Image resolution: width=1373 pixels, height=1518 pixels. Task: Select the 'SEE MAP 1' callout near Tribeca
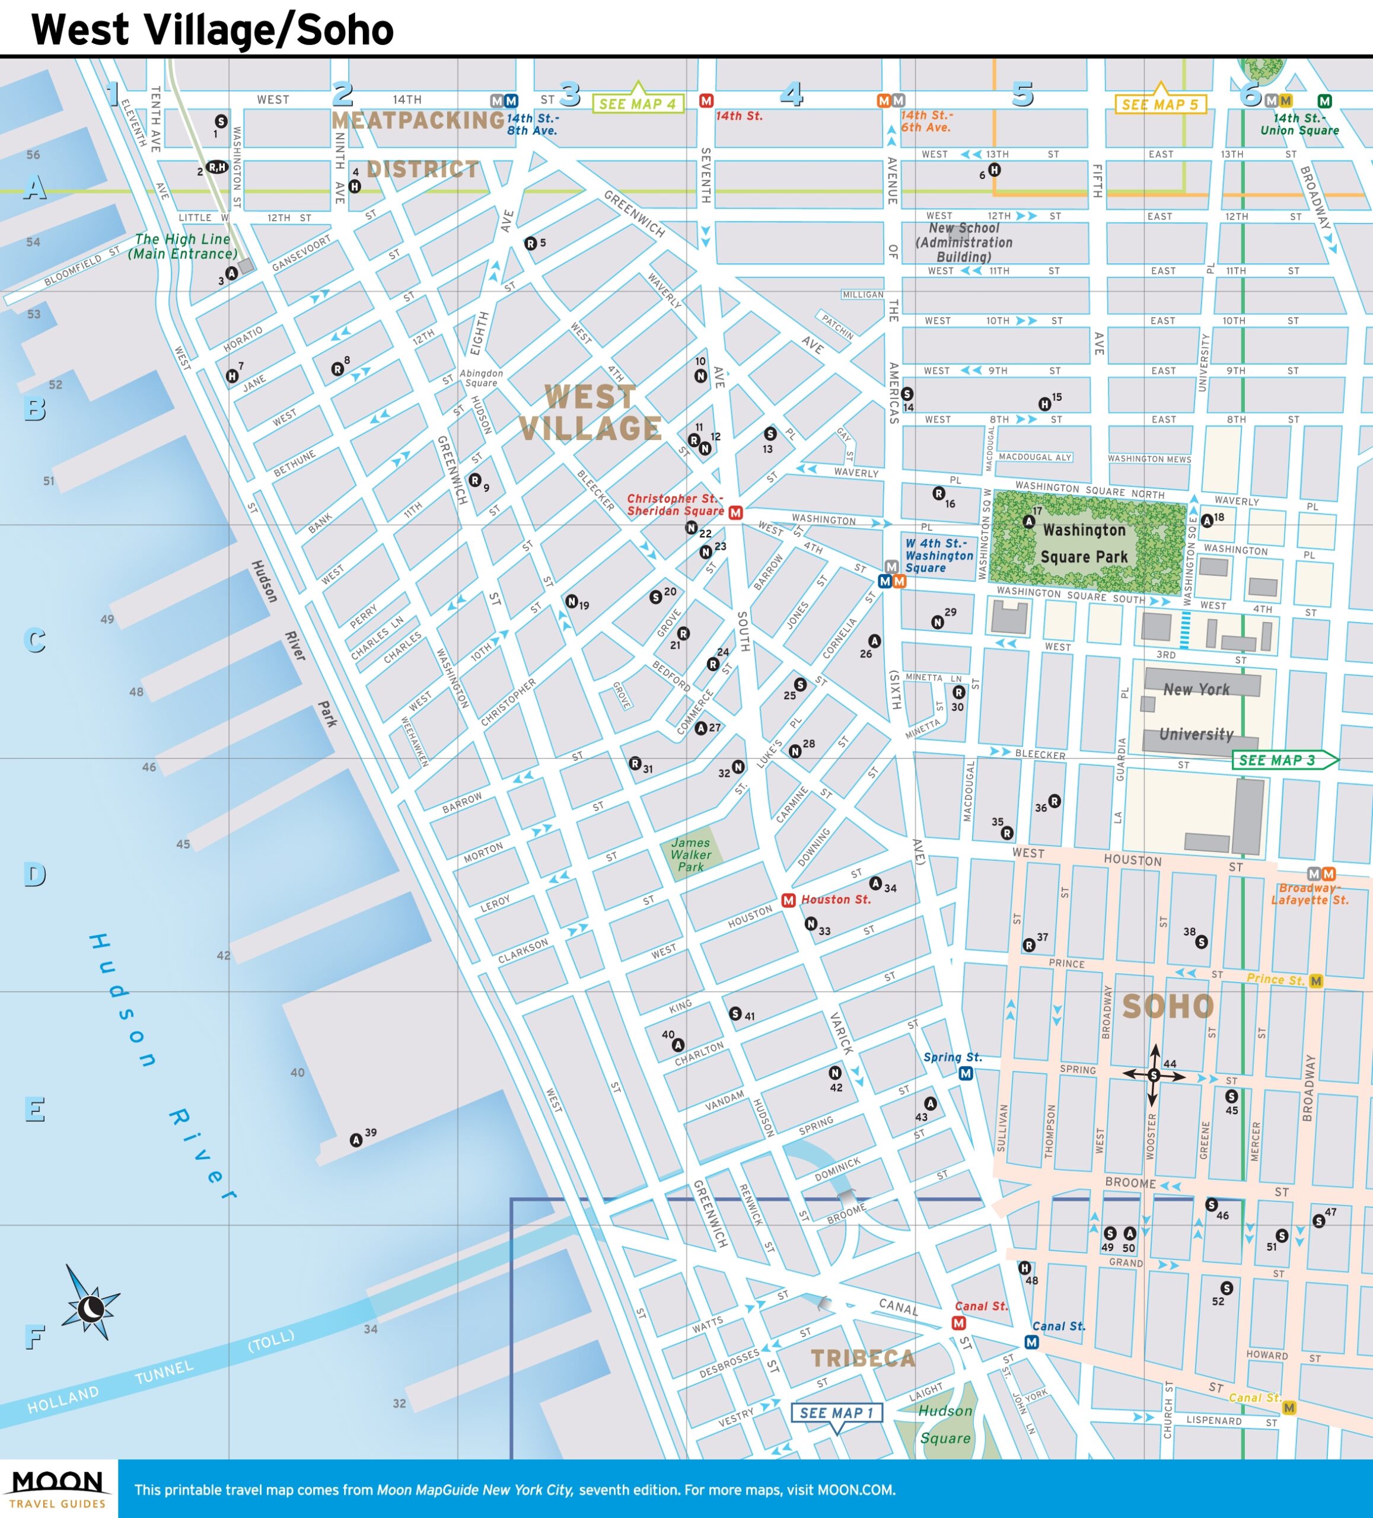pos(836,1412)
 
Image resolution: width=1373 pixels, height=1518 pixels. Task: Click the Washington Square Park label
pos(1084,543)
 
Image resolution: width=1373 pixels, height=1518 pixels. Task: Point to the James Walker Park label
pos(690,854)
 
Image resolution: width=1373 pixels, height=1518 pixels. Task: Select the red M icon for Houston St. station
pos(788,900)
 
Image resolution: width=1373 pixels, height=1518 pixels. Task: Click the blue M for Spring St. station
pos(966,1074)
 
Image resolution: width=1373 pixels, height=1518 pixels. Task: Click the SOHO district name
pos(1167,1007)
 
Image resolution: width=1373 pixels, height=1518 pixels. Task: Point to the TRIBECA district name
pos(863,1358)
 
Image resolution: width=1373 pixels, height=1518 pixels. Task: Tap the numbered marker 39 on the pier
pos(356,1140)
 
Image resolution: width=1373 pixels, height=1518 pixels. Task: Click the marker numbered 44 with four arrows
pos(1153,1075)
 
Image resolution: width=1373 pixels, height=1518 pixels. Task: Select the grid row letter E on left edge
pos(34,1109)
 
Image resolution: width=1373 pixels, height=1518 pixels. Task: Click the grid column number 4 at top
pos(791,94)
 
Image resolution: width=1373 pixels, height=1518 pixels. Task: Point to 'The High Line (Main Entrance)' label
pos(182,246)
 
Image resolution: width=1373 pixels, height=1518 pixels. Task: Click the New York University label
pos(1197,712)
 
